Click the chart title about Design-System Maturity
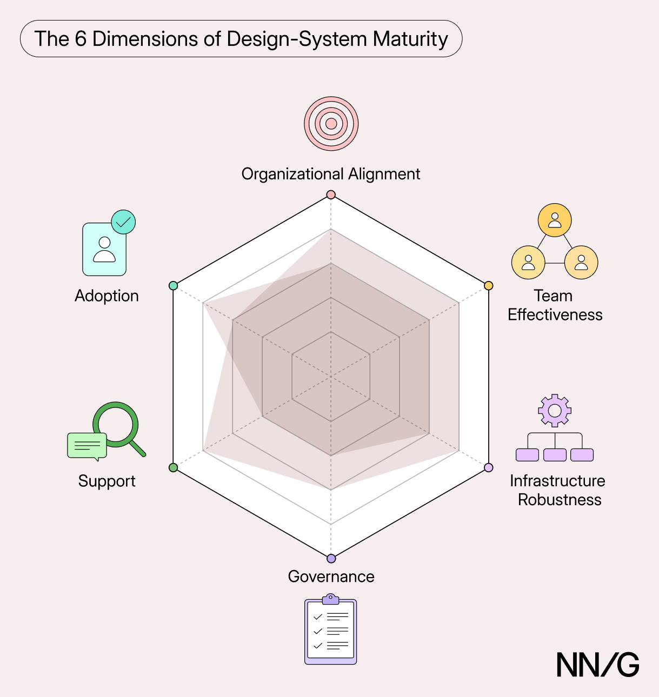[x=241, y=38]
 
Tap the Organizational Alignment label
[x=330, y=175]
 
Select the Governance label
[x=331, y=577]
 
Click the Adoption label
[x=106, y=297]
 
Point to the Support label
[x=107, y=481]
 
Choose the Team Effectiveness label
[x=555, y=305]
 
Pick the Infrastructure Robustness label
[x=558, y=490]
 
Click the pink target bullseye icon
[x=331, y=124]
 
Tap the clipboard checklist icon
[x=330, y=629]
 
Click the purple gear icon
[x=555, y=411]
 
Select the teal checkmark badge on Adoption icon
[x=123, y=222]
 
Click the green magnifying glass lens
[x=116, y=424]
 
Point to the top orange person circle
[x=555, y=220]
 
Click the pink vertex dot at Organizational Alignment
[x=331, y=195]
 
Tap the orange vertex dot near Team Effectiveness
[x=489, y=286]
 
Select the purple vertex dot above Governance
[x=331, y=558]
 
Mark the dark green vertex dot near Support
[x=173, y=467]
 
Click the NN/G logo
[x=598, y=665]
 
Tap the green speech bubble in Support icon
[x=87, y=446]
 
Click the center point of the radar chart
[x=331, y=377]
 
